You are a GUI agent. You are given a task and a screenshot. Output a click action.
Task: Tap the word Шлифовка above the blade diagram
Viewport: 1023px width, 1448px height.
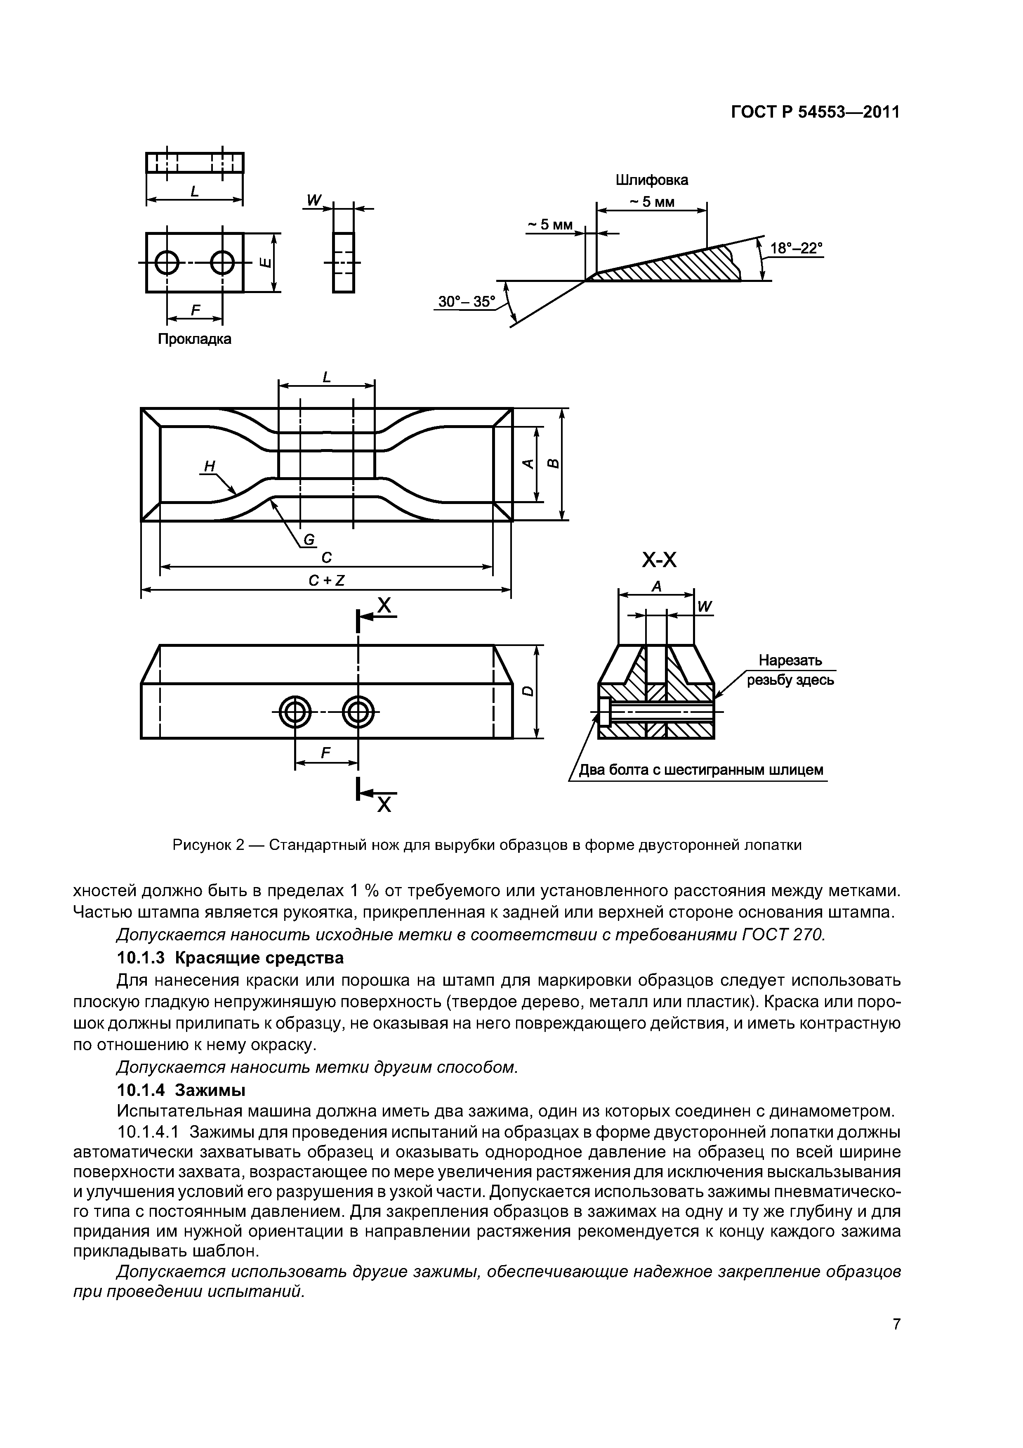pos(652,180)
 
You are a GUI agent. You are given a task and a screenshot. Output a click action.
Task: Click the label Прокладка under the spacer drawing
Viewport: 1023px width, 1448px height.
pos(194,339)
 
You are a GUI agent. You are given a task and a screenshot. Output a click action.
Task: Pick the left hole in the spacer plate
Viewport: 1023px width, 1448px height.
pos(167,263)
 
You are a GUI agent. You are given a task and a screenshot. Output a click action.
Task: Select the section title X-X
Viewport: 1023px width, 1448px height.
pos(659,559)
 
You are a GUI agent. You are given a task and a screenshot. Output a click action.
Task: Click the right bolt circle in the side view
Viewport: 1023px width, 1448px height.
pos(358,713)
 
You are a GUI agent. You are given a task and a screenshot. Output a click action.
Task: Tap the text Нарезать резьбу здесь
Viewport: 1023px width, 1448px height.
pos(790,670)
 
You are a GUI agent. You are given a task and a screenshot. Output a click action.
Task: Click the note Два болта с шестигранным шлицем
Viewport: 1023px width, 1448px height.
pos(701,770)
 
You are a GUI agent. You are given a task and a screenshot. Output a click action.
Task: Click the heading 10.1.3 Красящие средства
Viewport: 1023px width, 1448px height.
pos(231,958)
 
